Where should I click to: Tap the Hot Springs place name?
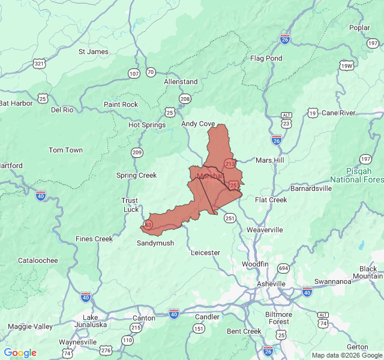[x=146, y=125]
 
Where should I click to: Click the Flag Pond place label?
[x=266, y=58]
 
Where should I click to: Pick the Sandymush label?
[x=155, y=243]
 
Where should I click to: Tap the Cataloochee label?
[x=38, y=260]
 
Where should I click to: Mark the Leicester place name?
[x=205, y=253]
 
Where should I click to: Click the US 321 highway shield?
[x=40, y=64]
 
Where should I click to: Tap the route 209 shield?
[x=137, y=152]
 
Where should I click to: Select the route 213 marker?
[x=229, y=163]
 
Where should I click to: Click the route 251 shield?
[x=230, y=218]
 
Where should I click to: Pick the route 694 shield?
[x=283, y=268]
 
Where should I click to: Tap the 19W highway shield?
[x=346, y=66]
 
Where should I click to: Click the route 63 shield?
[x=148, y=224]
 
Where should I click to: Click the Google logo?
[x=20, y=353]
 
